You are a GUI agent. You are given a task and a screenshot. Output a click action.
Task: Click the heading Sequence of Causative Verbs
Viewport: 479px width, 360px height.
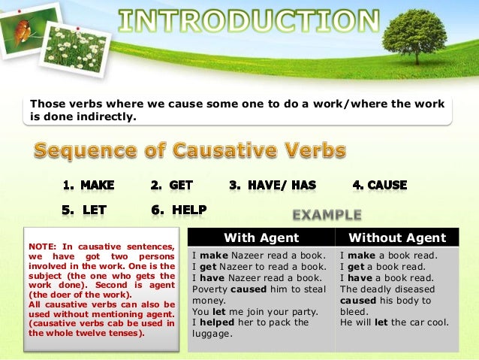pos(189,151)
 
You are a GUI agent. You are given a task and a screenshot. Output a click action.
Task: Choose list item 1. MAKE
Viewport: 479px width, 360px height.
pos(88,185)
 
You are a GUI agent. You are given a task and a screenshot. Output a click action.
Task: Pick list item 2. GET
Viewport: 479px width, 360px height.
pos(167,185)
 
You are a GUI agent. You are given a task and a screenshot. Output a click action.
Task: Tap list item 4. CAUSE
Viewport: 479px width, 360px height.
pos(380,185)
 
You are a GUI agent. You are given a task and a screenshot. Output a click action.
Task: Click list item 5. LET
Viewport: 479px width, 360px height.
pos(84,210)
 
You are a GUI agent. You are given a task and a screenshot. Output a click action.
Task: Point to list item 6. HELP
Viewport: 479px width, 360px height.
pos(179,210)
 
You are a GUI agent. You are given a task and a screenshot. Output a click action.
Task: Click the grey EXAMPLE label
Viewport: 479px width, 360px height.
pos(327,215)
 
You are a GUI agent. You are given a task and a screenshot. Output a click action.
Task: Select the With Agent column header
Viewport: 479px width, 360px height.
pos(261,238)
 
